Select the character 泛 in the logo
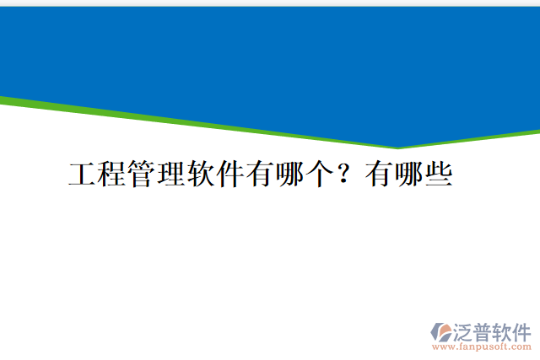465,330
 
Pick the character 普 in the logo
485,330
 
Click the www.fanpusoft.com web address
481,346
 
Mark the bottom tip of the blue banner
397,147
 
